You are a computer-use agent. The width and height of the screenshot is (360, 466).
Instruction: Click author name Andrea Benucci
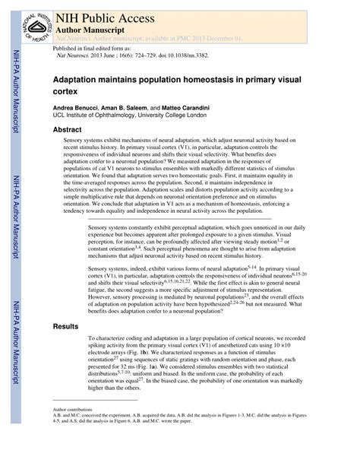(77, 109)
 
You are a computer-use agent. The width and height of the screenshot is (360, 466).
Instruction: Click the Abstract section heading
(67, 130)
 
